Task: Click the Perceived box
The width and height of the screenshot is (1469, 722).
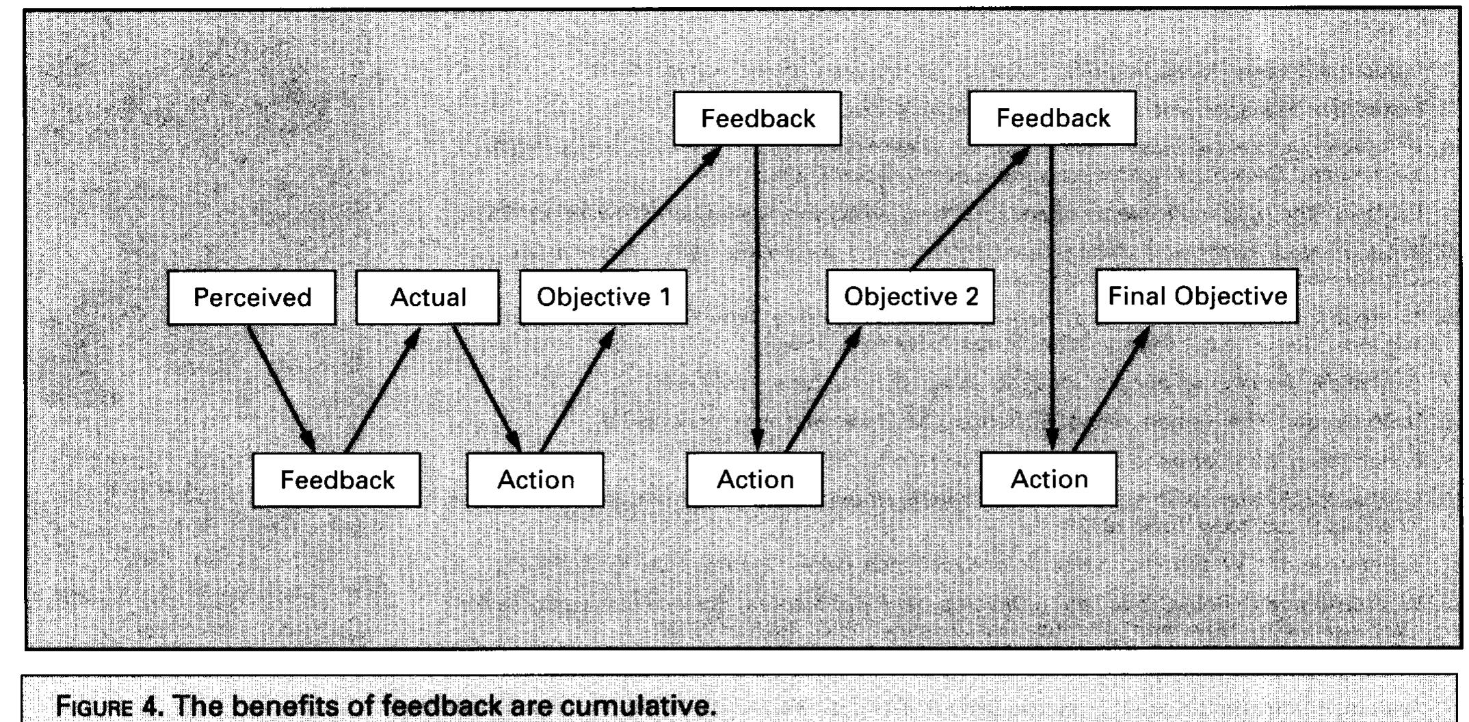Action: point(252,297)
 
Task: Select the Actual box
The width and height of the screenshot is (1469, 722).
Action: point(427,297)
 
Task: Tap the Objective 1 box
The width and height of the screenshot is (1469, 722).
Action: point(603,297)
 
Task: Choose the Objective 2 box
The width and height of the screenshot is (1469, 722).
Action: point(910,296)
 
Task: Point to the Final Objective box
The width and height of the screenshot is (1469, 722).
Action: point(1197,296)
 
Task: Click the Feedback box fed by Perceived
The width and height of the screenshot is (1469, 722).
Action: point(336,480)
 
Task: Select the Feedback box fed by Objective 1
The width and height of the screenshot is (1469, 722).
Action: point(757,118)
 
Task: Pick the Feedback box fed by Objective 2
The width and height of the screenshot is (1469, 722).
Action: point(1053,118)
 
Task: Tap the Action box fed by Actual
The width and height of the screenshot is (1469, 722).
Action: point(535,480)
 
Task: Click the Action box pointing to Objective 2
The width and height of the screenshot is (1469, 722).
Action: point(755,479)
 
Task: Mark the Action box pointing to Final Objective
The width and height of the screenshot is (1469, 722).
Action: point(1049,478)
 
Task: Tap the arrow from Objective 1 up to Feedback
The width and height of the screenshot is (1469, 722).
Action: point(661,208)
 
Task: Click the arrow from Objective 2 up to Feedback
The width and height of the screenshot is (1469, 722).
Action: point(970,207)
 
